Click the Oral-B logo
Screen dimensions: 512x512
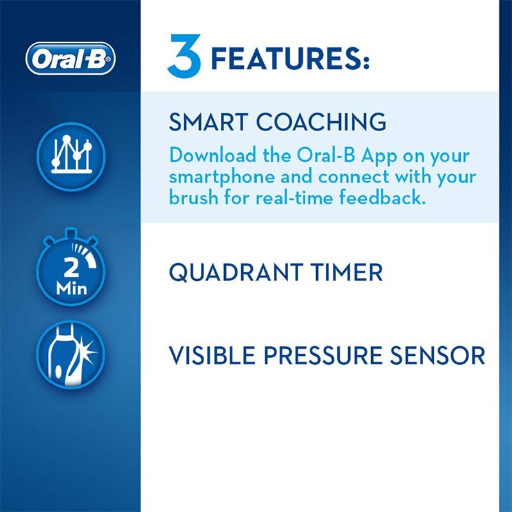tap(70, 59)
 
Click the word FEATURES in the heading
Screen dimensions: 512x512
tap(290, 59)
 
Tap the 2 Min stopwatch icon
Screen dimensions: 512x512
tap(70, 272)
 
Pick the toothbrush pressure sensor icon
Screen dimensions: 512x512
tap(70, 356)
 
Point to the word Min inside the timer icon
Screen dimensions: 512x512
tap(70, 289)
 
